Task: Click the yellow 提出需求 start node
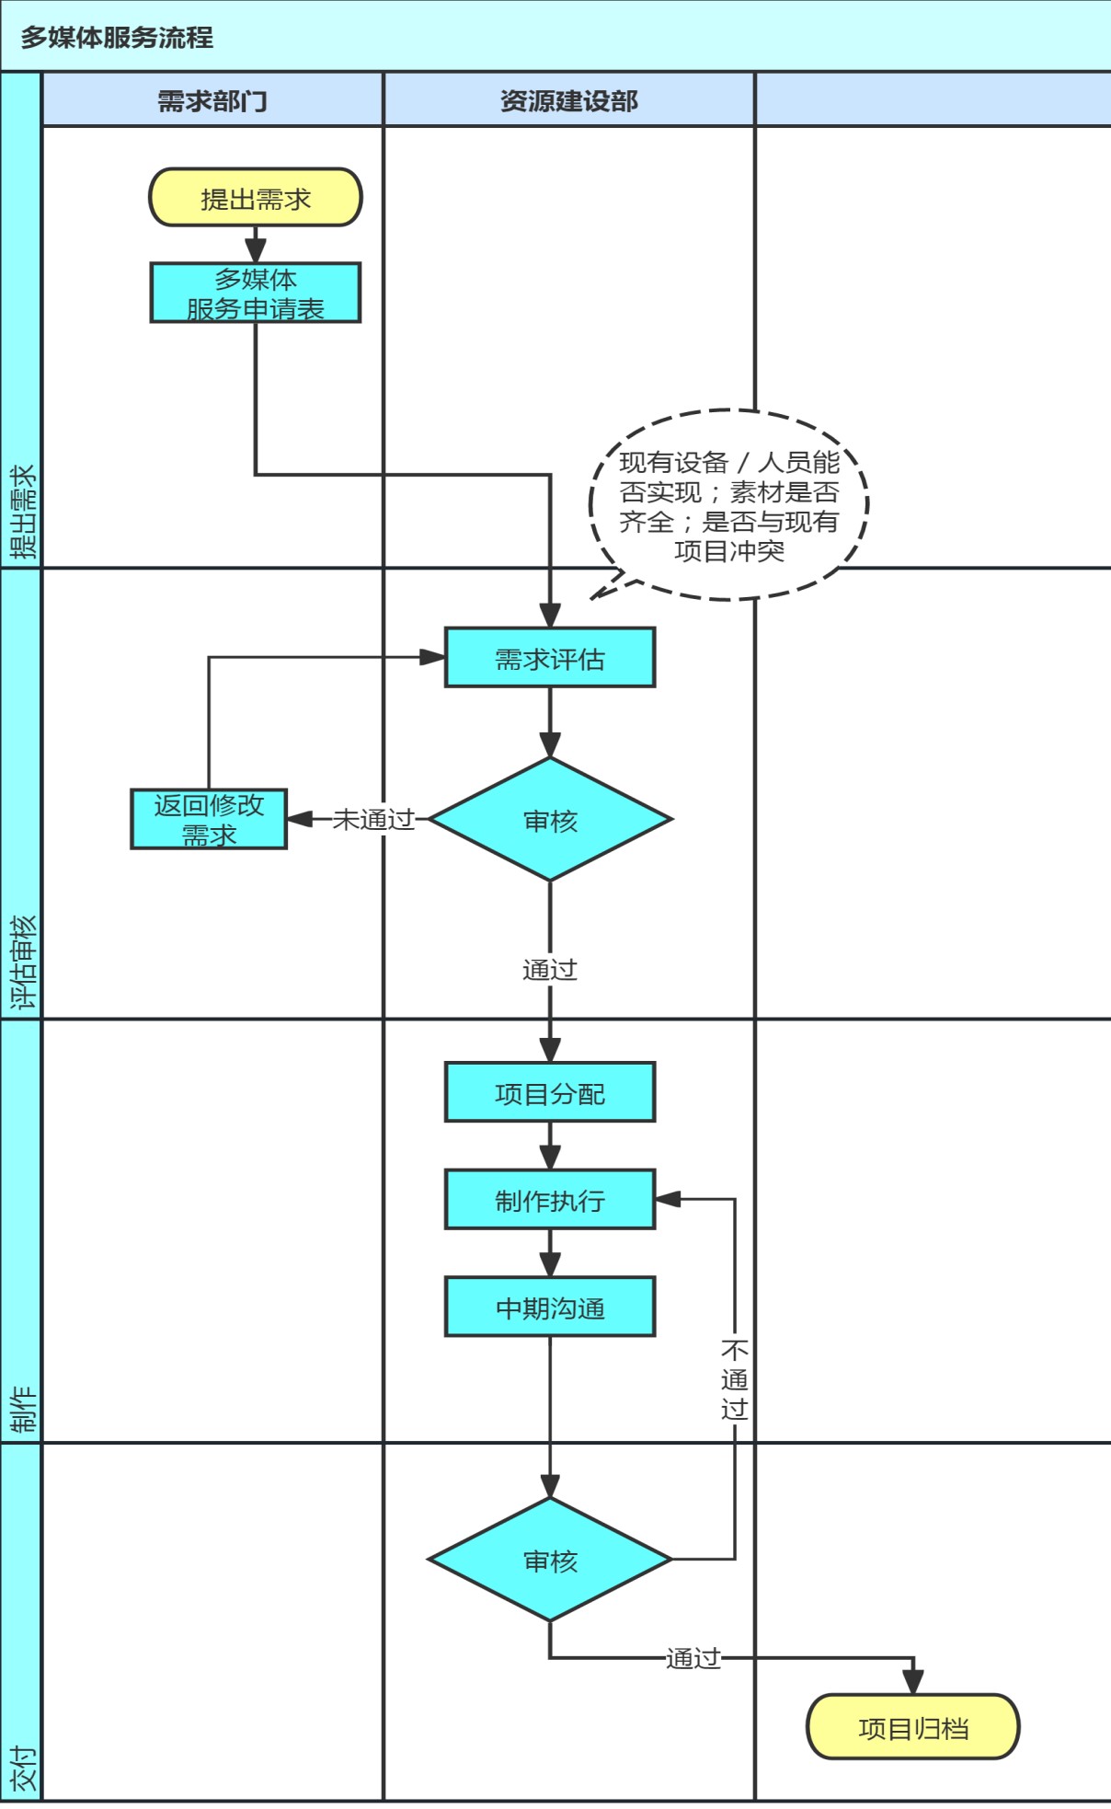pyautogui.click(x=256, y=197)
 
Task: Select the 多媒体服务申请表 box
pyautogui.click(x=256, y=293)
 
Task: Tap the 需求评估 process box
pyautogui.click(x=550, y=658)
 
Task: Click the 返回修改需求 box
pyautogui.click(x=209, y=819)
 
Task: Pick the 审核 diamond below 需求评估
pyautogui.click(x=550, y=819)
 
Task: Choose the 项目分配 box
pyautogui.click(x=550, y=1092)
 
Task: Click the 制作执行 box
pyautogui.click(x=550, y=1200)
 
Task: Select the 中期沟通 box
pyautogui.click(x=550, y=1307)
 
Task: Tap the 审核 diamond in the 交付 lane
pyautogui.click(x=550, y=1560)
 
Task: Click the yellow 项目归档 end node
pyautogui.click(x=912, y=1727)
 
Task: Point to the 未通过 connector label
pyautogui.click(x=373, y=819)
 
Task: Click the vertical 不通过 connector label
pyautogui.click(x=734, y=1379)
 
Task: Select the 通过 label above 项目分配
pyautogui.click(x=550, y=969)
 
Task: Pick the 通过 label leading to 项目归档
pyautogui.click(x=693, y=1658)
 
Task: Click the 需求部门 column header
pyautogui.click(x=212, y=100)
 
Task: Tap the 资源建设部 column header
pyautogui.click(x=568, y=100)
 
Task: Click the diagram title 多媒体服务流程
pyautogui.click(x=117, y=38)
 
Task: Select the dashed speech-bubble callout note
pyautogui.click(x=728, y=505)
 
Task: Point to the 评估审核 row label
pyautogui.click(x=22, y=962)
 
